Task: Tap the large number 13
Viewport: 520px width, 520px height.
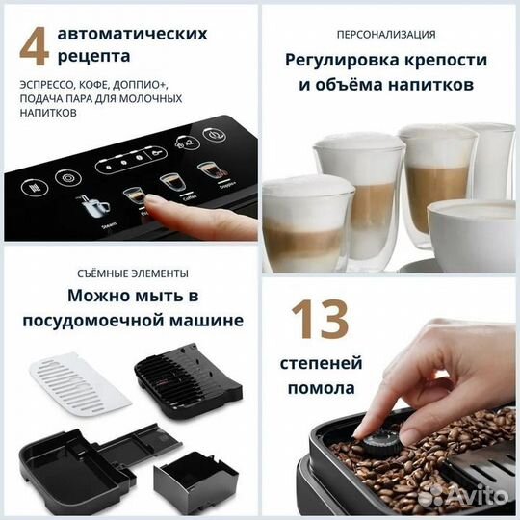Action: [327, 320]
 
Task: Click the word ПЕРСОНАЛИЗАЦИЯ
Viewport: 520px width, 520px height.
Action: [390, 33]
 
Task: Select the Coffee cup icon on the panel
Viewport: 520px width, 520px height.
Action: [170, 183]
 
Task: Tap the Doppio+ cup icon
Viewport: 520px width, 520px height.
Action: [207, 173]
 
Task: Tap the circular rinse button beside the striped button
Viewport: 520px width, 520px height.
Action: [67, 177]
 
